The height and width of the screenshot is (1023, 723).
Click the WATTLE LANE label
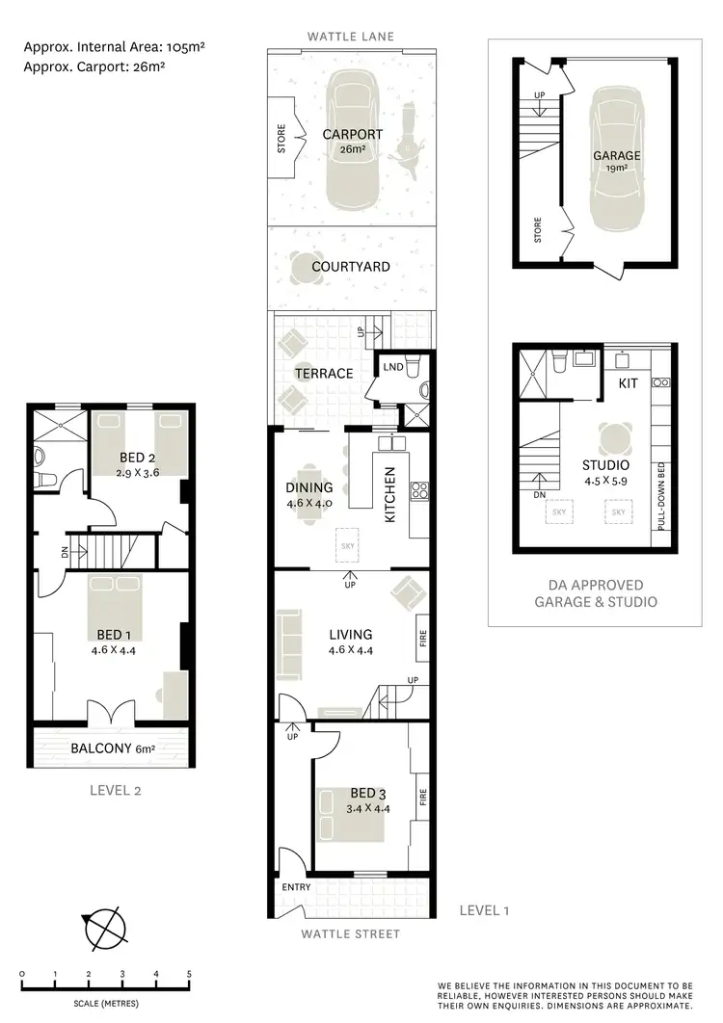(350, 37)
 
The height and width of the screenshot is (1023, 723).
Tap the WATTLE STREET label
(350, 933)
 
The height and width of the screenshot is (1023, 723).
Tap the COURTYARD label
(351, 267)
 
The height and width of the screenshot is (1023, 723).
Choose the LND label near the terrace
(392, 367)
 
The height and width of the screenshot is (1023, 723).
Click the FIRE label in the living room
(422, 639)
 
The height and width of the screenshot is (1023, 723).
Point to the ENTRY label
(295, 887)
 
